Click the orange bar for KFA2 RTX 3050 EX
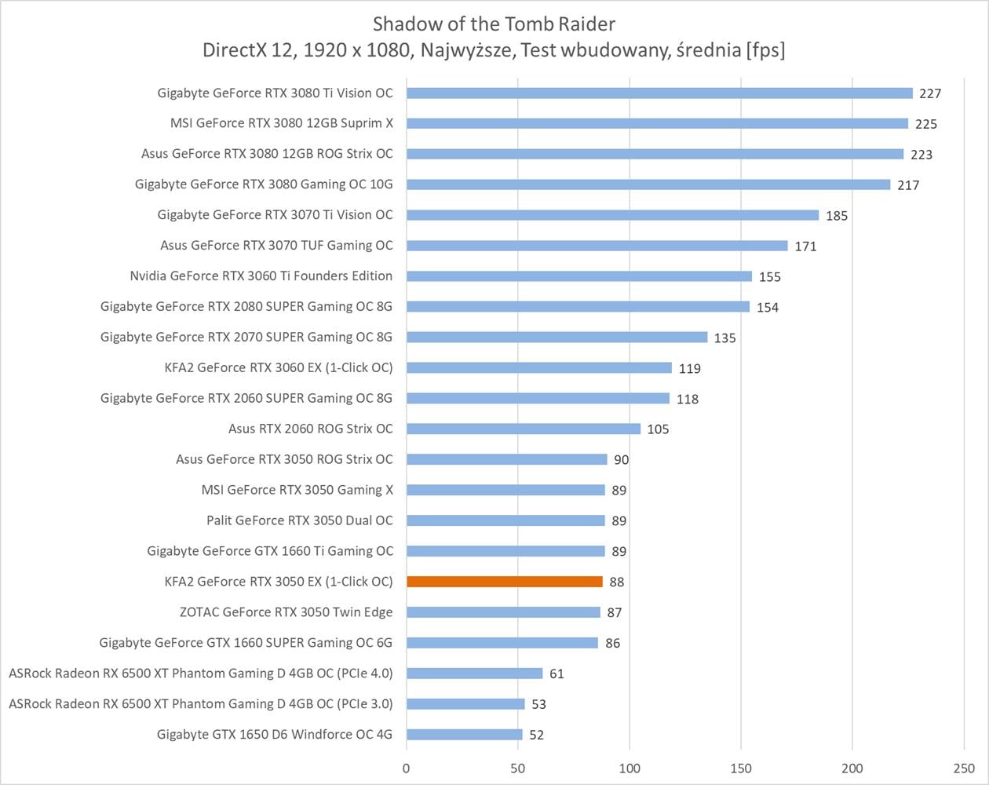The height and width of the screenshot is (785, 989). point(505,582)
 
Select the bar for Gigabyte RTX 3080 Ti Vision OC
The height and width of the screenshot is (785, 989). point(659,93)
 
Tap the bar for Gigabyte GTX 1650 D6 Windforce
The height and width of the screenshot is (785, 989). point(464,735)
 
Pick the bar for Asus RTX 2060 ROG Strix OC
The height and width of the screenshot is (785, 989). point(524,429)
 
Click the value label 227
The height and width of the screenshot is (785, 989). point(930,93)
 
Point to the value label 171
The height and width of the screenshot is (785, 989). point(805,246)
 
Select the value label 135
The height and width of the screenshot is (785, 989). point(724,338)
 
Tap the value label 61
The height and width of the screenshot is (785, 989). point(557,674)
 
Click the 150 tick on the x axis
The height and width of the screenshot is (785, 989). point(741,769)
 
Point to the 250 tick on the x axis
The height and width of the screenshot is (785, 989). point(964,769)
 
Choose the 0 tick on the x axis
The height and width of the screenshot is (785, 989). point(406,769)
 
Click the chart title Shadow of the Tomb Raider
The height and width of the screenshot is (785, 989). point(494,23)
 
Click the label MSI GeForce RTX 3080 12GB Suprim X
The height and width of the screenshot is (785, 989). point(282,123)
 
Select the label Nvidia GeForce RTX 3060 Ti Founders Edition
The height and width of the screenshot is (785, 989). point(261,276)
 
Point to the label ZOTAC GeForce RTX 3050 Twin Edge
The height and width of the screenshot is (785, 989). point(286,612)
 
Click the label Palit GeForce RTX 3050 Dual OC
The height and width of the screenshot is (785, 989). point(300,520)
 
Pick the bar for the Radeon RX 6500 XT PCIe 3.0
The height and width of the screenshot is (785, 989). point(465,704)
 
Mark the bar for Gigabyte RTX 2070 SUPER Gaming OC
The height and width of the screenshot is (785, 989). point(557,338)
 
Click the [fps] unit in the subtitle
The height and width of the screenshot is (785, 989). point(766,50)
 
